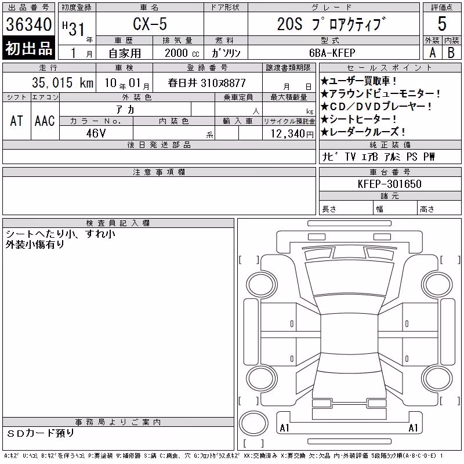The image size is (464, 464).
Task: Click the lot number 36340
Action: [28, 24]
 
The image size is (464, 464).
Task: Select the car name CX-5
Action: [150, 24]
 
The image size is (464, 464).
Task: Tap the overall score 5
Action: [442, 24]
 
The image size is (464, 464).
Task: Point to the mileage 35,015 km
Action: [63, 82]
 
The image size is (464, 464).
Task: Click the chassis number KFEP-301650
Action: [389, 184]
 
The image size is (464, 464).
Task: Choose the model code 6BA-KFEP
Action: [332, 53]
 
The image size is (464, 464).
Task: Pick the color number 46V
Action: [96, 133]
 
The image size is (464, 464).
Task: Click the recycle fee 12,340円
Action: [292, 134]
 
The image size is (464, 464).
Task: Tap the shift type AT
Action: [17, 121]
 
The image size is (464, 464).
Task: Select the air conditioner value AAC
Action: [45, 121]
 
